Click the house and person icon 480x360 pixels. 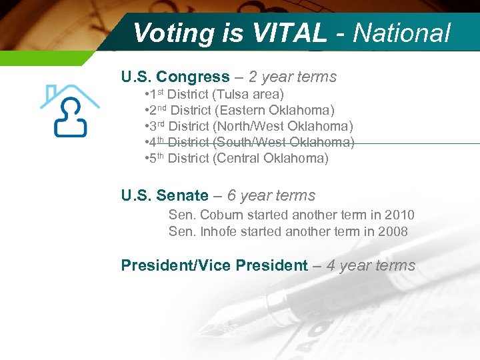69,110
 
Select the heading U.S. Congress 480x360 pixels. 175,77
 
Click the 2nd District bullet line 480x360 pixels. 239,110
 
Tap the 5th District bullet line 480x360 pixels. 236,159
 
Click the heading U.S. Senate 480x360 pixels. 165,195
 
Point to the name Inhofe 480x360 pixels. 216,232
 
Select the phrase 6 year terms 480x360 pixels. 271,195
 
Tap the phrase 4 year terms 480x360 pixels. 371,265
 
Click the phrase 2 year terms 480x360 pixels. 293,77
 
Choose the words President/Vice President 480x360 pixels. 214,265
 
